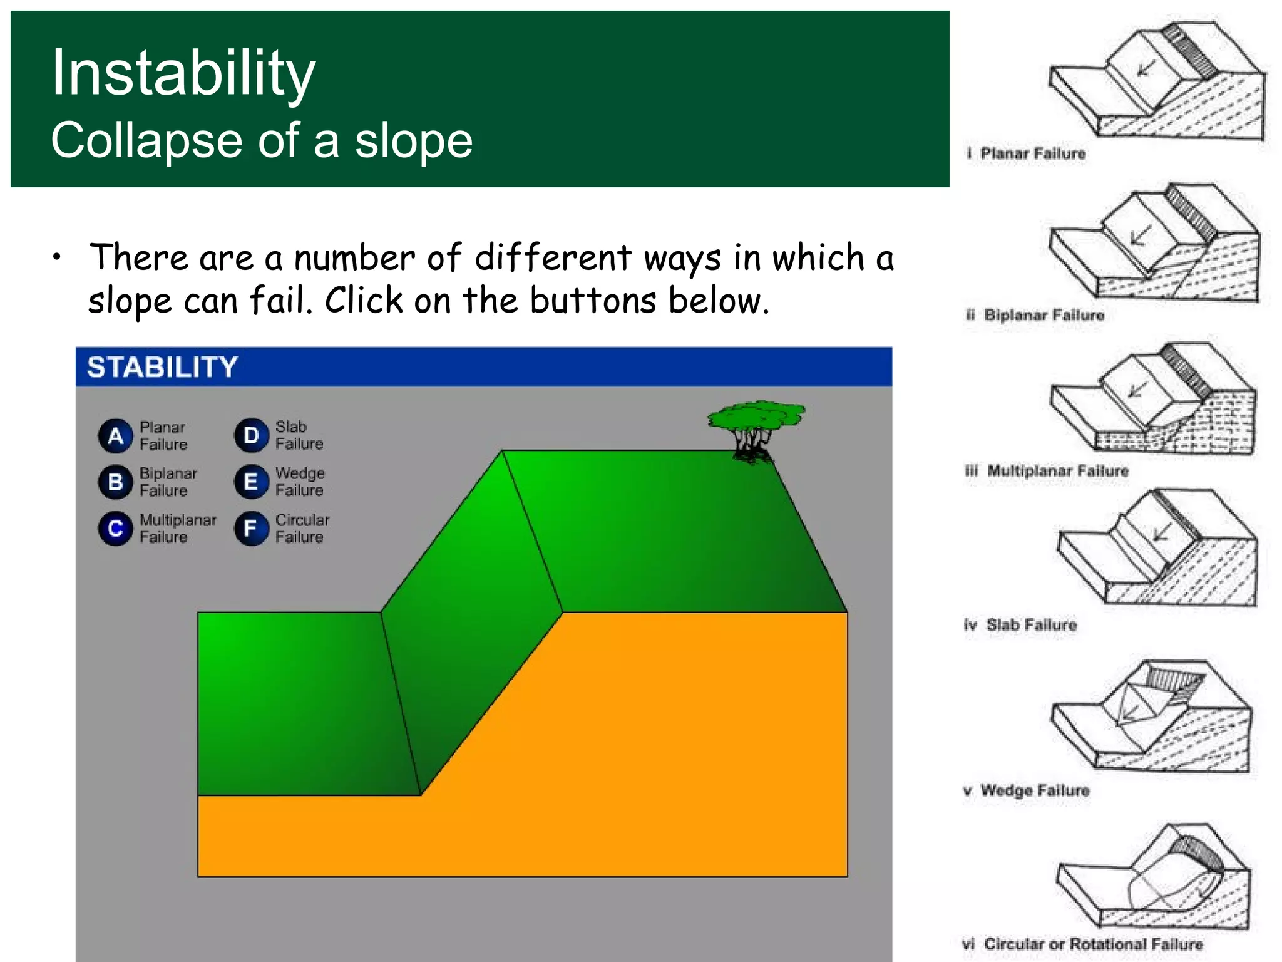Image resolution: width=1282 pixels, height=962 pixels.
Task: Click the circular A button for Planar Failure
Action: (x=116, y=436)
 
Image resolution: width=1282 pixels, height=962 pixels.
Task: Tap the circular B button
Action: (x=116, y=482)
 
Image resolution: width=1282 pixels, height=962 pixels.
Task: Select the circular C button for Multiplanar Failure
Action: (x=116, y=529)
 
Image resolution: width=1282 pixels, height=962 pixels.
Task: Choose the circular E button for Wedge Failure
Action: (x=252, y=482)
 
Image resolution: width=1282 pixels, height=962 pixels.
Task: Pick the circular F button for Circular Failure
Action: (x=252, y=529)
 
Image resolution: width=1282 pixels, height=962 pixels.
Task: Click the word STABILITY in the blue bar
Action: (x=162, y=367)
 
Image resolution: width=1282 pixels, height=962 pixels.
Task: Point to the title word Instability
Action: (x=183, y=73)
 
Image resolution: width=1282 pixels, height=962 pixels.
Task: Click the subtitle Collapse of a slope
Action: (x=262, y=140)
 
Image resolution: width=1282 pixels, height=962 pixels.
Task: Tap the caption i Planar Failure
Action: (x=1027, y=153)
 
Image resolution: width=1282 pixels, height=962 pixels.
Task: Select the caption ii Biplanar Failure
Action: (x=1035, y=314)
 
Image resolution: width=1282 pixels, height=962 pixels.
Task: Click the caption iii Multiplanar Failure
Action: (x=1047, y=471)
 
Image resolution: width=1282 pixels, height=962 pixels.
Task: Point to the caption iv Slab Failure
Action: (x=1021, y=624)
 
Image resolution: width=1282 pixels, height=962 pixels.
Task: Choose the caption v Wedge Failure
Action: (x=1027, y=790)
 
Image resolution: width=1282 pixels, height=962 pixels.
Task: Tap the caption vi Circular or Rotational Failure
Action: (x=1083, y=944)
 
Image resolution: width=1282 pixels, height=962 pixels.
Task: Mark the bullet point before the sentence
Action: (x=57, y=257)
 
